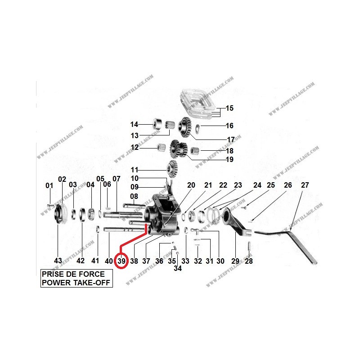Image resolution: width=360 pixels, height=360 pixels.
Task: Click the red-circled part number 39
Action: pyautogui.click(x=121, y=261)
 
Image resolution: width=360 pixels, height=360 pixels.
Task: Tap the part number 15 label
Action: pyautogui.click(x=229, y=108)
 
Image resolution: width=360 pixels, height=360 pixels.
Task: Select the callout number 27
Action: pyautogui.click(x=305, y=185)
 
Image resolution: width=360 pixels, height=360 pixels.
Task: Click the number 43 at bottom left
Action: pyautogui.click(x=58, y=261)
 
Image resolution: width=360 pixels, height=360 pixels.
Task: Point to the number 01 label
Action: pyautogui.click(x=49, y=185)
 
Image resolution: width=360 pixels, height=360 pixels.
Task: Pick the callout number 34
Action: pyautogui.click(x=178, y=268)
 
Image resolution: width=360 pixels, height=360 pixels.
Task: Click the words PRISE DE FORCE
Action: pyautogui.click(x=73, y=274)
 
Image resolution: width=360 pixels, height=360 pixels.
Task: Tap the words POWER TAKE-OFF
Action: pyautogui.click(x=76, y=283)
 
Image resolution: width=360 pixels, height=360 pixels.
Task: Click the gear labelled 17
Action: pyautogui.click(x=185, y=127)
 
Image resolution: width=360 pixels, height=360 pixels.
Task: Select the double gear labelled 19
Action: pyautogui.click(x=179, y=149)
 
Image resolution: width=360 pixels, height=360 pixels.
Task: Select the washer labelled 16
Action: pyautogui.click(x=198, y=127)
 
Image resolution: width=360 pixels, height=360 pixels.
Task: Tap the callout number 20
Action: pyautogui.click(x=191, y=185)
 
